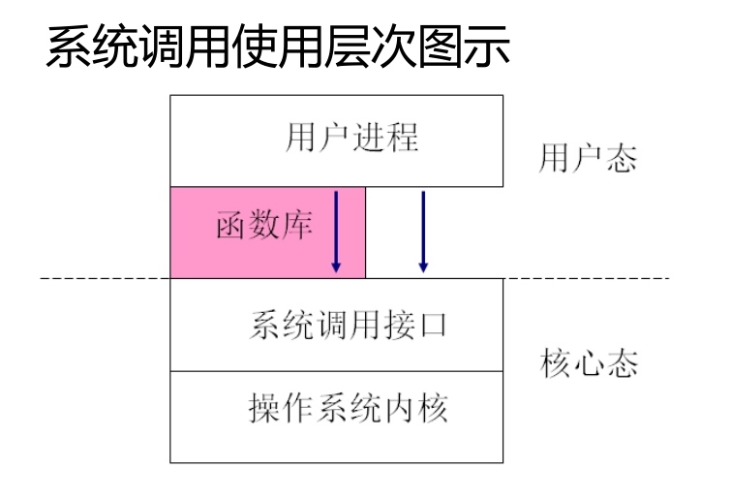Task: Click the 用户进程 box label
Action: click(352, 137)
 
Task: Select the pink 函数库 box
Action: click(266, 232)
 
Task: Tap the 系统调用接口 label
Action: click(349, 324)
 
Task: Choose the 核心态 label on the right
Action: click(588, 366)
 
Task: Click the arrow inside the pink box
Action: click(335, 231)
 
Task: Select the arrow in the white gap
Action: click(423, 231)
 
